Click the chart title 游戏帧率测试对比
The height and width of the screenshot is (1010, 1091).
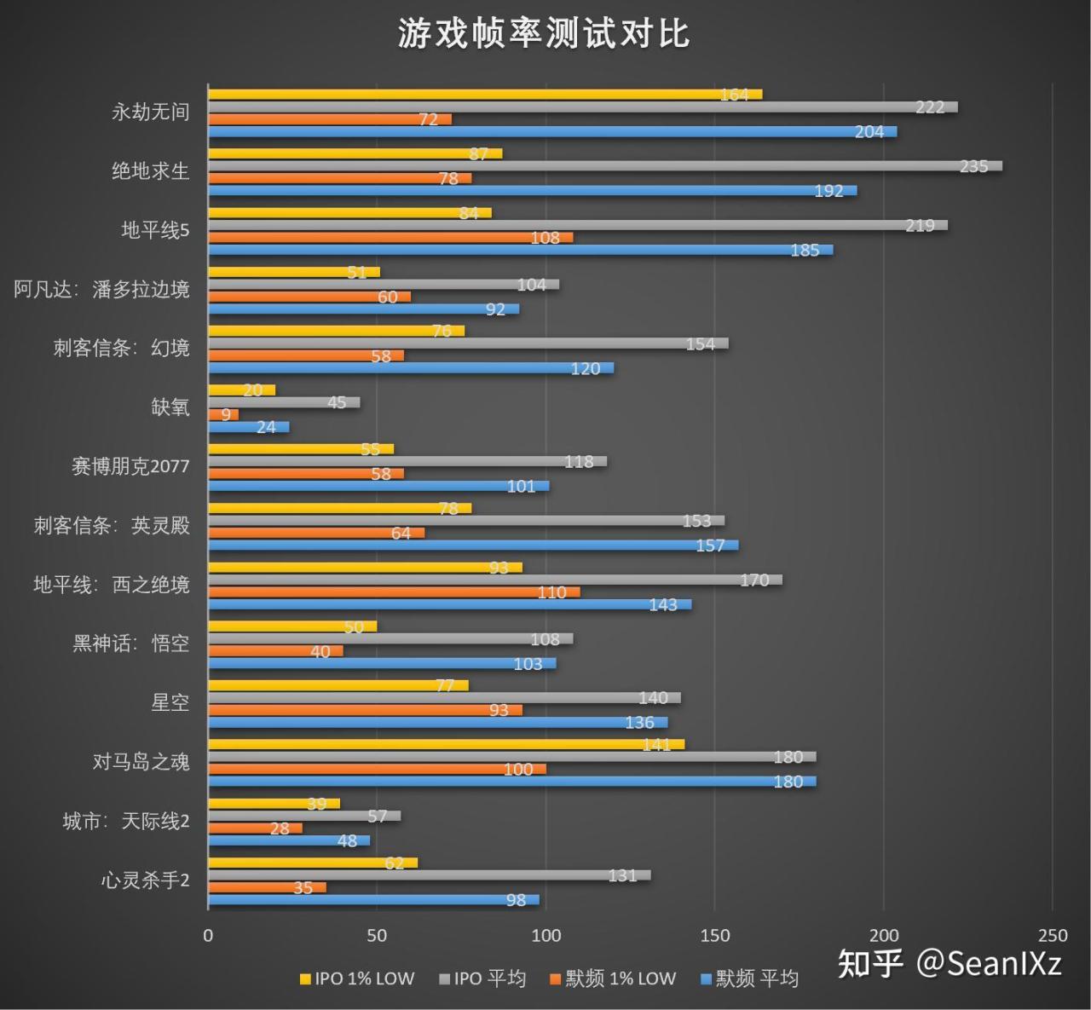[x=544, y=34]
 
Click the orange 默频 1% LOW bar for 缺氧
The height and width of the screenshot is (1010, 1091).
[x=223, y=415]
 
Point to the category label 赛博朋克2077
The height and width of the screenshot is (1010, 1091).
[x=130, y=466]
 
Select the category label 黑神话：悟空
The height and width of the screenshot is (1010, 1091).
[x=130, y=644]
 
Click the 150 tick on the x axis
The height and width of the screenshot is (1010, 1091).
[x=714, y=935]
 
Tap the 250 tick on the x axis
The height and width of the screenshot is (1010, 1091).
[x=1053, y=935]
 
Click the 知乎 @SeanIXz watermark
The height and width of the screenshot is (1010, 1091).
[x=950, y=964]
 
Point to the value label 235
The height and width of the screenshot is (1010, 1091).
[x=973, y=166]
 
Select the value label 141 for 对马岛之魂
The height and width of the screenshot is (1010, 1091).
[x=656, y=745]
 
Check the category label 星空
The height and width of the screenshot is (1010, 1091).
[x=170, y=702]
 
